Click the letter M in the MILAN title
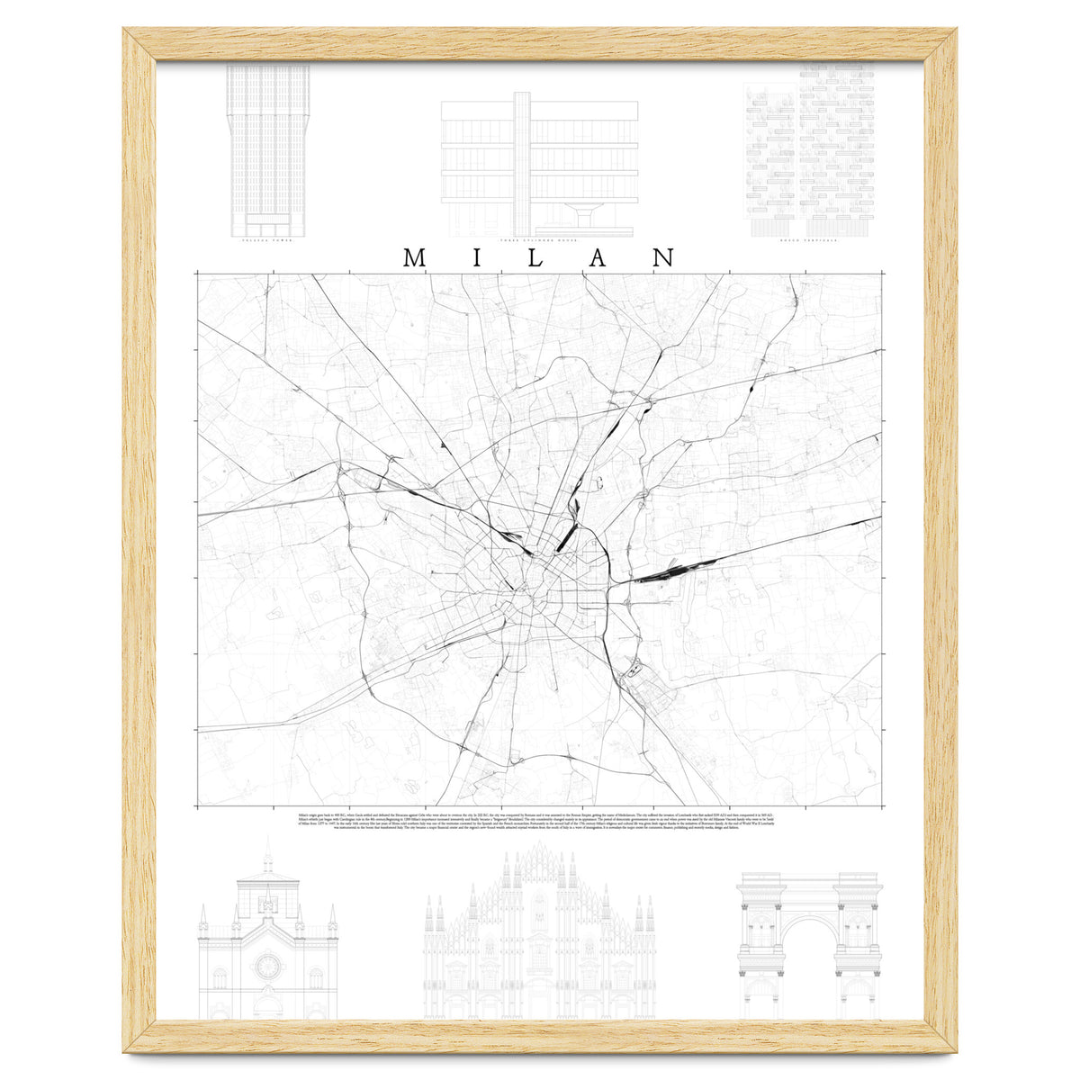[x=415, y=257]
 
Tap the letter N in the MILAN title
[x=663, y=257]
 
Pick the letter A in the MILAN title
[x=599, y=257]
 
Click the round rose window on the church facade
[x=267, y=967]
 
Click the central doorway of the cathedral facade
[x=539, y=999]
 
